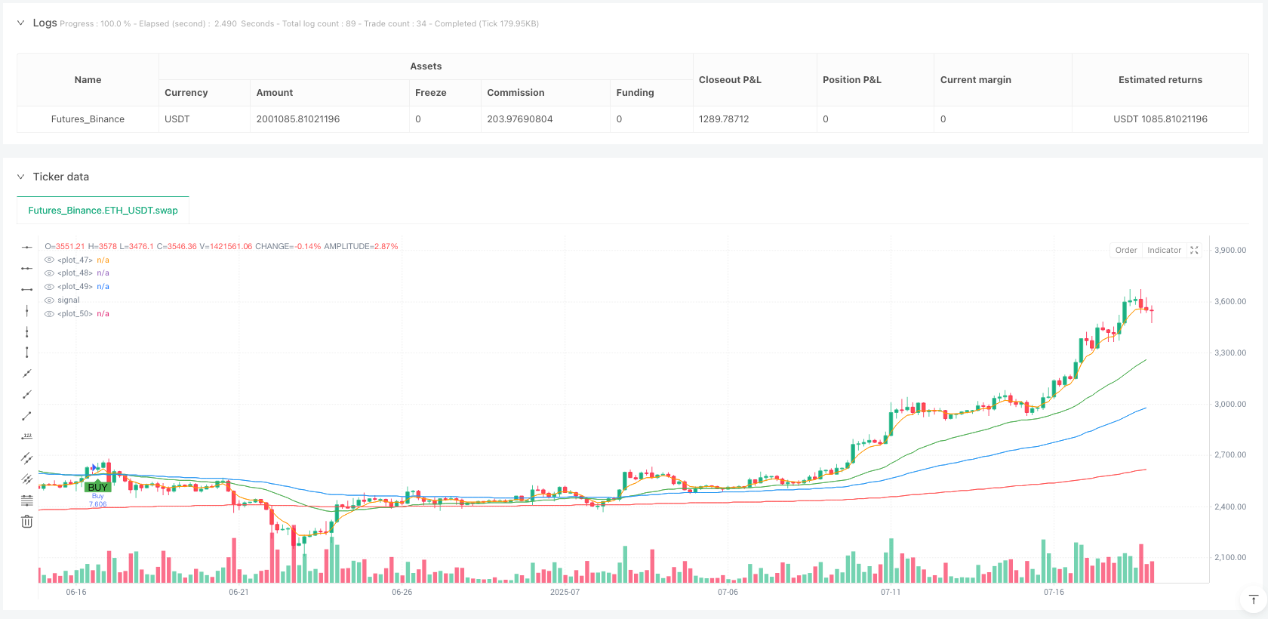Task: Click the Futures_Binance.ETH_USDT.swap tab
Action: click(x=103, y=211)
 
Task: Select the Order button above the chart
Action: click(x=1126, y=251)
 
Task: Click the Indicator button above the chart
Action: click(x=1164, y=251)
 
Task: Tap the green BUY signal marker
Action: click(x=97, y=487)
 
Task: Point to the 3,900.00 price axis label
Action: click(x=1230, y=251)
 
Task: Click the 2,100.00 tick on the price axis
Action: click(x=1230, y=558)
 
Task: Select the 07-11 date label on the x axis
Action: click(x=891, y=593)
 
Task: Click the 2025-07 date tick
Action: click(x=565, y=593)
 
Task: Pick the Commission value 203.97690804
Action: click(x=519, y=119)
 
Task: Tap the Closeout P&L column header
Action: click(x=730, y=80)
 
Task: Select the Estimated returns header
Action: click(x=1160, y=80)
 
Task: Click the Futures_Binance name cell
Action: click(x=88, y=119)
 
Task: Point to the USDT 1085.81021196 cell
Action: click(x=1160, y=119)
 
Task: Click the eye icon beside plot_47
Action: click(x=49, y=260)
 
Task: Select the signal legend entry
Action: click(x=68, y=300)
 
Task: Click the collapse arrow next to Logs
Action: click(x=20, y=23)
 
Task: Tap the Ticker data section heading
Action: click(x=60, y=177)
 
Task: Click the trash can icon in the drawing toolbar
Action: click(x=26, y=522)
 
